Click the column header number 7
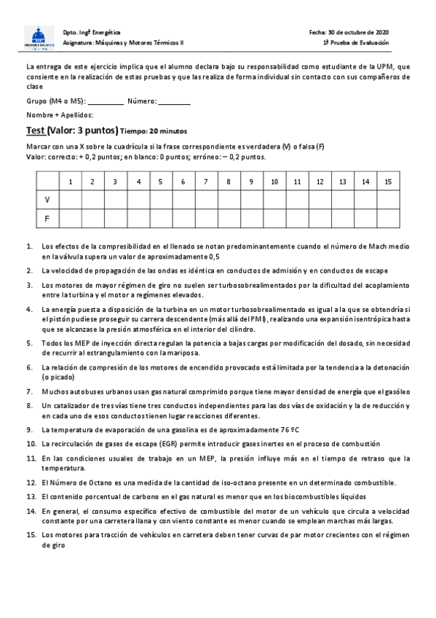pyautogui.click(x=206, y=181)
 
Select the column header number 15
pyautogui.click(x=388, y=181)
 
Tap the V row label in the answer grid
pyautogui.click(x=47, y=199)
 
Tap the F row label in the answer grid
pyautogui.click(x=47, y=217)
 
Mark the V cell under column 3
pyautogui.click(x=115, y=199)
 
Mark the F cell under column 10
pyautogui.click(x=274, y=217)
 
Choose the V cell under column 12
pyautogui.click(x=320, y=199)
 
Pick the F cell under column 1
pyautogui.click(x=70, y=217)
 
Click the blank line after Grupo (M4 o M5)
pyautogui.click(x=106, y=102)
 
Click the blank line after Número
pyautogui.click(x=174, y=102)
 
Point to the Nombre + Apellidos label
pyautogui.click(x=59, y=114)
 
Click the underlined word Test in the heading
pyautogui.click(x=35, y=130)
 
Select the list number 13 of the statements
pyautogui.click(x=31, y=496)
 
